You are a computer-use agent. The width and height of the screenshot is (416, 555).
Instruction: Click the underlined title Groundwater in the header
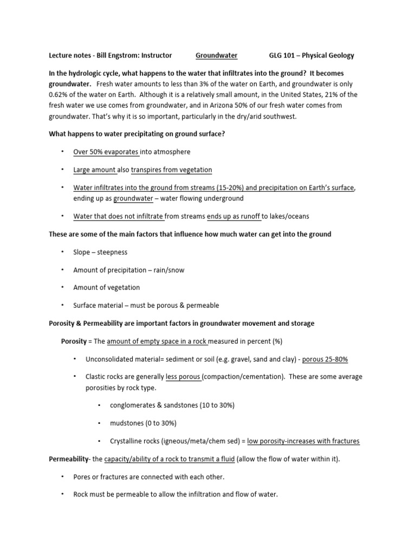click(216, 55)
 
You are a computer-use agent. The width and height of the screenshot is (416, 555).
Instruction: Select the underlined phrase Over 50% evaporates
click(106, 152)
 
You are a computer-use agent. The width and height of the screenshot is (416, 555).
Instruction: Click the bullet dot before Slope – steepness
click(62, 252)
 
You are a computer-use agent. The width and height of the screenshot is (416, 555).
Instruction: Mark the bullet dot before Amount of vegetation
click(62, 287)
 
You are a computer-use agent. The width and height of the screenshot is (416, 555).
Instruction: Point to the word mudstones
click(126, 423)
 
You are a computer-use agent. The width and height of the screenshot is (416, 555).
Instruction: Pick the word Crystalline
click(127, 441)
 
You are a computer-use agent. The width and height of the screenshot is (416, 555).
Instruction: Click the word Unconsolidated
click(112, 359)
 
